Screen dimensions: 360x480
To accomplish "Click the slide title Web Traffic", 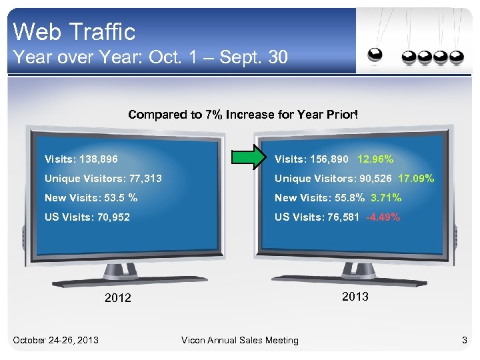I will (x=74, y=31).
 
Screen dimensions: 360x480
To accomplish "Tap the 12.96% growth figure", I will (x=375, y=159).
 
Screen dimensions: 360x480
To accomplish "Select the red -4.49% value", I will (x=383, y=217).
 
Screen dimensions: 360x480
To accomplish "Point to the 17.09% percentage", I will (x=416, y=179).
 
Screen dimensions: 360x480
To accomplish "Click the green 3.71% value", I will (x=386, y=197).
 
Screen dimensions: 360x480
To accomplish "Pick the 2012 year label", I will (x=118, y=298).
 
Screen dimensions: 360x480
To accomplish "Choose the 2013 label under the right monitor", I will (x=355, y=297).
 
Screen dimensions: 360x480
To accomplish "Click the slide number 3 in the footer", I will (x=465, y=341).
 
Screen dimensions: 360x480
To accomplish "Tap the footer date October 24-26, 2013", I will (x=56, y=341).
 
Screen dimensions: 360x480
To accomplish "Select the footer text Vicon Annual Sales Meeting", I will (x=240, y=341).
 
